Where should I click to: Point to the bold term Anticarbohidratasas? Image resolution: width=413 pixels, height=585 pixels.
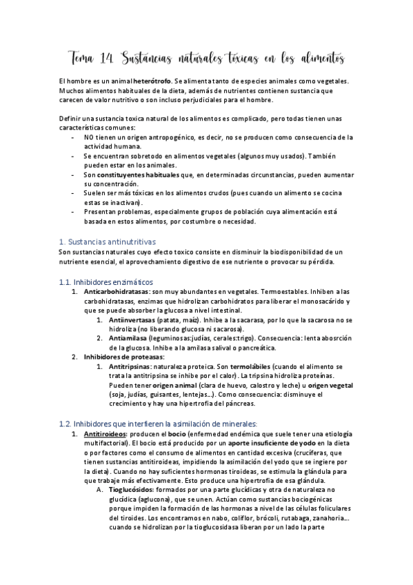coord(118,292)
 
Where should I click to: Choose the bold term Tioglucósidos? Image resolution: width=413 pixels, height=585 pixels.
coord(136,488)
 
